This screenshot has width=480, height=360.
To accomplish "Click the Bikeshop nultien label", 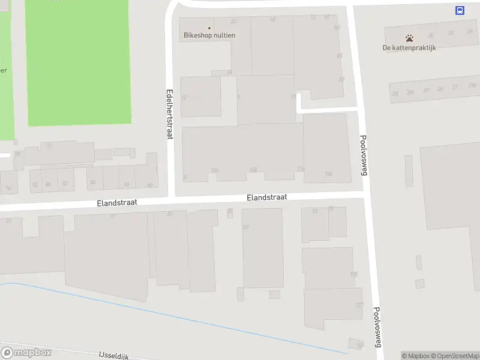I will (x=209, y=35).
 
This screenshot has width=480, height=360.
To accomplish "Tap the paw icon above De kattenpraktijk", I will (x=409, y=38).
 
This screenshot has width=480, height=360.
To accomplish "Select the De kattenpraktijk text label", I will (x=409, y=48).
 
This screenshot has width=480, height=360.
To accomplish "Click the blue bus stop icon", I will (x=460, y=10).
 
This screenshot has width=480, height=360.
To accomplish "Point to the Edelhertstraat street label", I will (x=169, y=114).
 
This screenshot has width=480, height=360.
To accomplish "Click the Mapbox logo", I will (x=26, y=352).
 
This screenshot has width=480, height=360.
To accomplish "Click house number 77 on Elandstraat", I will (x=112, y=217).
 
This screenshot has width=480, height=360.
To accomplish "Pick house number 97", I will (x=246, y=227).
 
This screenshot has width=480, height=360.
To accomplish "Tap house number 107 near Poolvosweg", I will (x=359, y=305).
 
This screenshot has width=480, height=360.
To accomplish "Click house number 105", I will (x=353, y=274).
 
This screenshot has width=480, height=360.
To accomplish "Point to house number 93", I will (x=315, y=211).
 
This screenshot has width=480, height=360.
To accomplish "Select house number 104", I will (x=215, y=170).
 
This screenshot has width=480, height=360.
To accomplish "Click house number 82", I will (x=65, y=184).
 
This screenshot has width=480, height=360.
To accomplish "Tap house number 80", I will (x=48, y=184).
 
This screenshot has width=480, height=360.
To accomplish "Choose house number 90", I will (x=126, y=184).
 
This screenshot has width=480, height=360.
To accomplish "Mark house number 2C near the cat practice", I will (x=451, y=33).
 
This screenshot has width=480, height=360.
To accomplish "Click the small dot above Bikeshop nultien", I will (x=209, y=28).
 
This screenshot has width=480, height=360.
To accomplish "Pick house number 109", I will (x=359, y=345).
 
